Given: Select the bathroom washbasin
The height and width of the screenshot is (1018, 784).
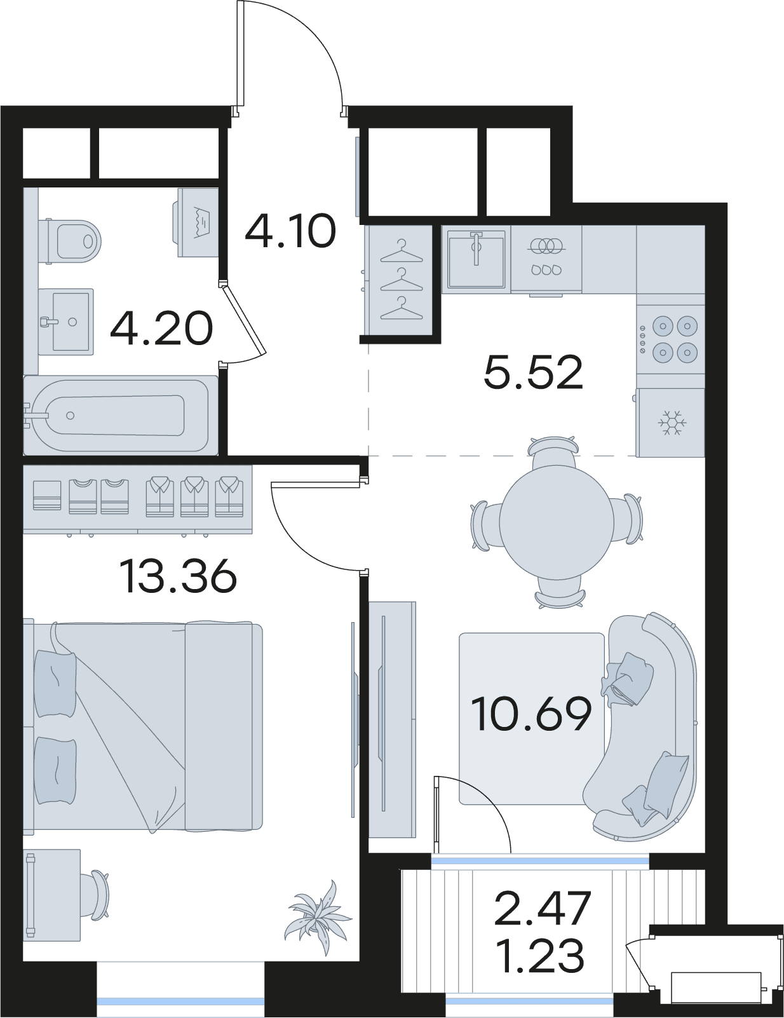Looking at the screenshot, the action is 65,322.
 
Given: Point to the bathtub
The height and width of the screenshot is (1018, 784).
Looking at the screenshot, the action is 120,415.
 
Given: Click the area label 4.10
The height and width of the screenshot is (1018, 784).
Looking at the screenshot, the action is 290,231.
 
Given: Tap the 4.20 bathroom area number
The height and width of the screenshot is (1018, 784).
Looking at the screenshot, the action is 161,329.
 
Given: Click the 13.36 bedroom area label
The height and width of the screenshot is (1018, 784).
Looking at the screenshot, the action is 178,576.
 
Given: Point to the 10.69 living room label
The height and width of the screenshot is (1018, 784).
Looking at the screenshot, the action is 532,726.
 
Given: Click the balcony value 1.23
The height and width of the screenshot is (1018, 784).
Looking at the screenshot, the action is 543,956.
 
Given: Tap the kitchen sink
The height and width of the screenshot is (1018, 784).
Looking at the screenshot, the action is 476,259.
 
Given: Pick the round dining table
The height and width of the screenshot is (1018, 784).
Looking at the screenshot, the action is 557,522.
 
